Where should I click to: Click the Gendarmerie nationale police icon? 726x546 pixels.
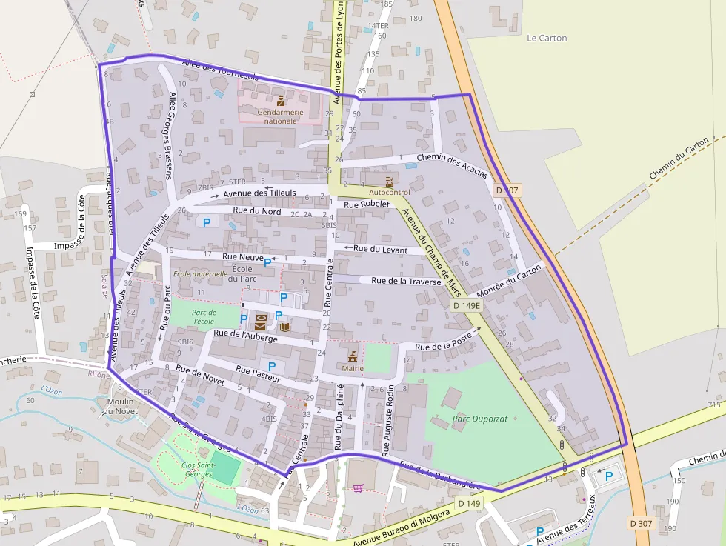tap(280, 100)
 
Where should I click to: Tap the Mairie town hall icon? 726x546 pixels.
tap(353, 356)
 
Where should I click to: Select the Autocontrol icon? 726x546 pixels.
tap(390, 181)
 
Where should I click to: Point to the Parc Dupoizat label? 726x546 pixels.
tap(479, 419)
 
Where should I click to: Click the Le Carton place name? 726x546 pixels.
tap(547, 38)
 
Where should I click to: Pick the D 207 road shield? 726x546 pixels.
tap(507, 190)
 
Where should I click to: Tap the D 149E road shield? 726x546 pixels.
tap(467, 305)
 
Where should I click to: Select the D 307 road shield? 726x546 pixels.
tap(641, 524)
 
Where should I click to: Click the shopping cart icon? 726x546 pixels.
tap(358, 488)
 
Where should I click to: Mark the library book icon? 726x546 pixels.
tap(285, 325)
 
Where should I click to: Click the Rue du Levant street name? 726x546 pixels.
tap(380, 250)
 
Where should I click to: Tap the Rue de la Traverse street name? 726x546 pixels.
tap(406, 281)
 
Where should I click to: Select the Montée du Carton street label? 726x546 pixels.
tap(510, 282)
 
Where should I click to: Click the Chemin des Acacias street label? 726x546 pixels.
tap(452, 166)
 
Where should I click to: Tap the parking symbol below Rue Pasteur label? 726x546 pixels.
tap(272, 366)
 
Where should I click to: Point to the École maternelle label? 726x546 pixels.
tap(199, 273)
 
